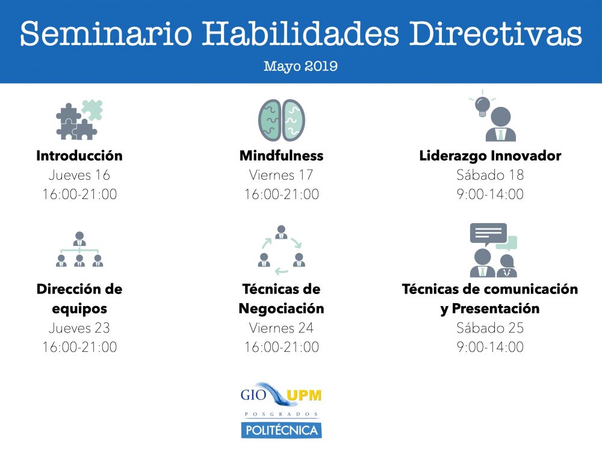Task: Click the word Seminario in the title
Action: click(106, 33)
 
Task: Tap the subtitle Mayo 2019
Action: click(300, 66)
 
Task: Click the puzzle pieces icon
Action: click(79, 120)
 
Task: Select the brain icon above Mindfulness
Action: click(281, 120)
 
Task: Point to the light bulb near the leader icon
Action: click(482, 105)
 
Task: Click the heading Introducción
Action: click(79, 156)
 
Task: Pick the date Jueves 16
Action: click(79, 175)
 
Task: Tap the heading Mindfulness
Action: click(281, 155)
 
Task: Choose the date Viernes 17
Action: click(281, 175)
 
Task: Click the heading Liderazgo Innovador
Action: click(490, 156)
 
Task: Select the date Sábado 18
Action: click(490, 175)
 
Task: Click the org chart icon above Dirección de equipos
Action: click(79, 249)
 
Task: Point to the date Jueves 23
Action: click(79, 328)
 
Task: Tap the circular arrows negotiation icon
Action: click(281, 250)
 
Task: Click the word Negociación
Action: click(281, 308)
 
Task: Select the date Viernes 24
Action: click(281, 328)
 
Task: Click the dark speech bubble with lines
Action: click(488, 233)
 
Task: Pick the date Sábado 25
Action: click(490, 328)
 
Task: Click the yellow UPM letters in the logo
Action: click(303, 395)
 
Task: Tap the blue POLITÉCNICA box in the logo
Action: click(281, 430)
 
